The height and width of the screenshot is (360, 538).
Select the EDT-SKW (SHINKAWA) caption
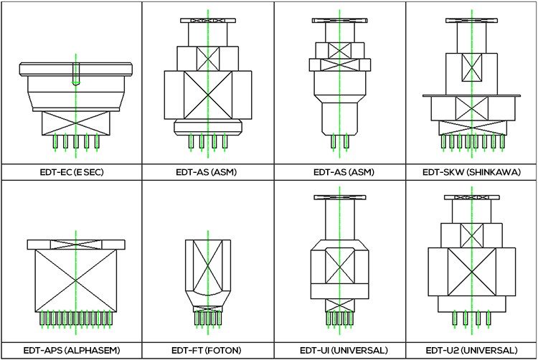tap(471, 173)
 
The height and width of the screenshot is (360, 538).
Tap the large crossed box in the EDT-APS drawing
tap(75, 280)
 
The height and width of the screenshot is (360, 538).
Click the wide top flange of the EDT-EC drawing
tap(75, 68)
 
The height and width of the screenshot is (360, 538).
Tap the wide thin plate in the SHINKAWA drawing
tap(471, 95)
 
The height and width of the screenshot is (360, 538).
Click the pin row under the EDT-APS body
tap(75, 318)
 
